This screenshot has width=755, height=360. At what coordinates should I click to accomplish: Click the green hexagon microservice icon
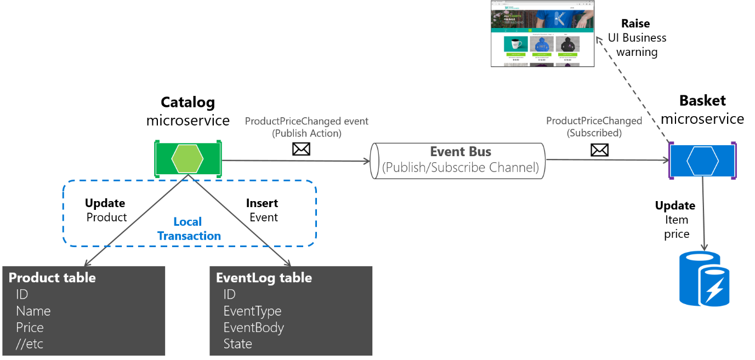[x=188, y=159]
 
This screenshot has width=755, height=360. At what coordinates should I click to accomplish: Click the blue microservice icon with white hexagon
[x=702, y=160]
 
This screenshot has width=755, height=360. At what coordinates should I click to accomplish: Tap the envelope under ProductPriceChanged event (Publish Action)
[x=301, y=148]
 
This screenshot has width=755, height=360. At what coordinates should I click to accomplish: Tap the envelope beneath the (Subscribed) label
[x=599, y=149]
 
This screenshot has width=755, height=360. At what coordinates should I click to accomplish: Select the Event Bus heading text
[x=460, y=152]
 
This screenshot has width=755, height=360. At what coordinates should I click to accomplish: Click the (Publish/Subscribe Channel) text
[x=460, y=168]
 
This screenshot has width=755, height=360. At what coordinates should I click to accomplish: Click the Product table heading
[x=52, y=278]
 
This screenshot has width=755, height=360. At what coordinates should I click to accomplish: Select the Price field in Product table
[x=30, y=328]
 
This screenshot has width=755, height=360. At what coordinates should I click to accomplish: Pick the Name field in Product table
[x=33, y=311]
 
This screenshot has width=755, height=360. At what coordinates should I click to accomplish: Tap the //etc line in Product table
[x=30, y=344]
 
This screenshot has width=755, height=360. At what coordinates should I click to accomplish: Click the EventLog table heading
[x=264, y=278]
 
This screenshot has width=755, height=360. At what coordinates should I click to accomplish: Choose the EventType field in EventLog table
[x=252, y=311]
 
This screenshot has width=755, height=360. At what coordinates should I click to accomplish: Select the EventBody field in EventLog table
[x=253, y=328]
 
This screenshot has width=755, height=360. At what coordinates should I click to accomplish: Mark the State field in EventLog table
[x=237, y=344]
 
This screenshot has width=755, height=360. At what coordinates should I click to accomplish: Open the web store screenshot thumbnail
[x=543, y=34]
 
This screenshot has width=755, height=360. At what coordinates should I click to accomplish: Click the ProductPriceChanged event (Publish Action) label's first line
[x=306, y=121]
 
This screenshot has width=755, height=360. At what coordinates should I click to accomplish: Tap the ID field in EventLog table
[x=229, y=295]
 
